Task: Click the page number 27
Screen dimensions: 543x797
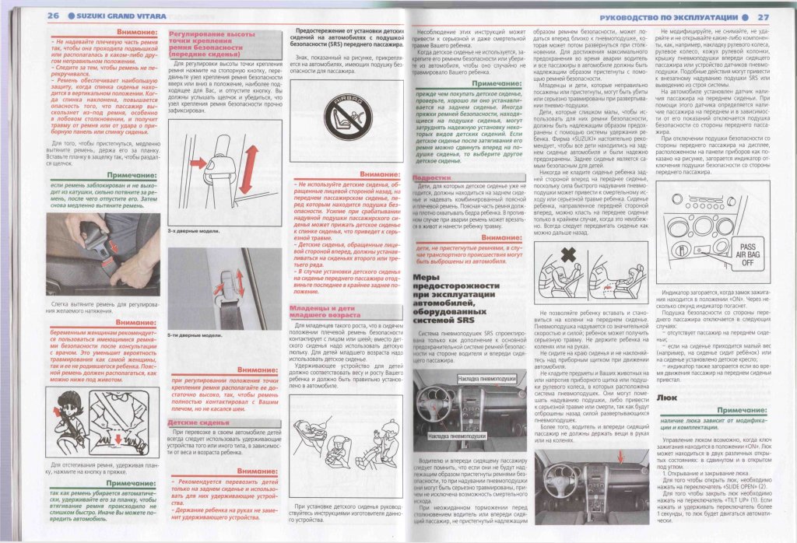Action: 764,16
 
